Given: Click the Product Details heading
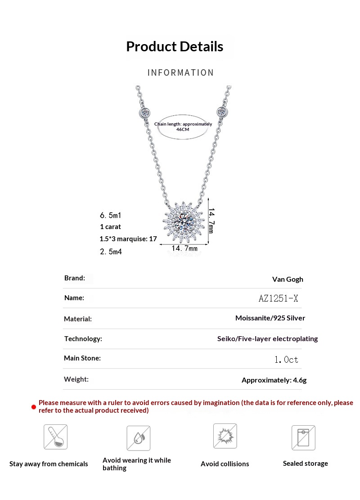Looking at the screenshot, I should point(175,46).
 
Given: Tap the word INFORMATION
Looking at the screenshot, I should point(180,73).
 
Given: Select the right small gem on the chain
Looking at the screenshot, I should point(221,111).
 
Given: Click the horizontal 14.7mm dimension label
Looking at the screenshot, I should point(184,248).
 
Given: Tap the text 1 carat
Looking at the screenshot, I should point(110,227).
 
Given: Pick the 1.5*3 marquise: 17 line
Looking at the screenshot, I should point(128,239).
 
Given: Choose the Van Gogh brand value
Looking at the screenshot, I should point(288,279).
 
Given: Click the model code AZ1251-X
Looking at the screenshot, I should point(279,298).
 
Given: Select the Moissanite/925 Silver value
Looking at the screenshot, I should point(270,318).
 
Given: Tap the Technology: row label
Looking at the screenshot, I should point(83,338).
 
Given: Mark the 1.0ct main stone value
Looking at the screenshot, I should point(286,360).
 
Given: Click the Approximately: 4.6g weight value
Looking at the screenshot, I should point(274,380).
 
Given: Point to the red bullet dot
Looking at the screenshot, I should point(33,407).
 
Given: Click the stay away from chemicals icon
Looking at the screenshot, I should point(55,437).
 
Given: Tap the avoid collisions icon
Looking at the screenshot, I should point(225,436).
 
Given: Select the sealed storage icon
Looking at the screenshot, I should point(303,437).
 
